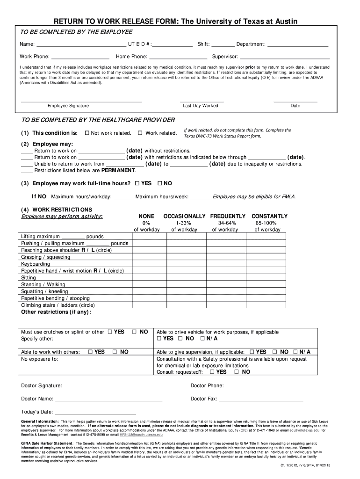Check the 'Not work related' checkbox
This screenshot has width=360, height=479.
(87, 133)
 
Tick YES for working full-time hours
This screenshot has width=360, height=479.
(137, 183)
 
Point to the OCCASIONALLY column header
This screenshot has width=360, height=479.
(184, 216)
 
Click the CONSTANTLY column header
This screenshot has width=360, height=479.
(270, 216)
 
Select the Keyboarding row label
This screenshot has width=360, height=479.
(36, 264)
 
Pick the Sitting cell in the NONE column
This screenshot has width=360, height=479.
(147, 277)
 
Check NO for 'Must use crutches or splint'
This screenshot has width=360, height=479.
(134, 332)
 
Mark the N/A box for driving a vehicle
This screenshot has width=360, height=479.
(202, 339)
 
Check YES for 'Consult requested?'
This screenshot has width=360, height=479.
(213, 372)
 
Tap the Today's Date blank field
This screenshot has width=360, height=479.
(95, 413)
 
